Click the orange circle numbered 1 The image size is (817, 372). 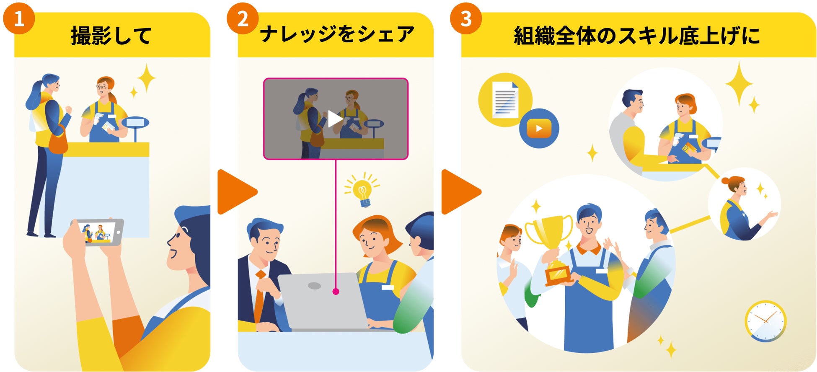(19, 18)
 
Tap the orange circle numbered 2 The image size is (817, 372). (243, 18)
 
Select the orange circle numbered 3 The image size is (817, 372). (466, 18)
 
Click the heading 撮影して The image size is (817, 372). (111, 36)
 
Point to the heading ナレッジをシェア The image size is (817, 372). (337, 34)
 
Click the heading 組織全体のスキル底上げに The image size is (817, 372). (637, 36)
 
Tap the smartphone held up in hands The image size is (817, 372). (100, 232)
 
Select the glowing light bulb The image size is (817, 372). (362, 191)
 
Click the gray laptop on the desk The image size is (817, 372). (323, 302)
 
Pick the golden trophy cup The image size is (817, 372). (549, 239)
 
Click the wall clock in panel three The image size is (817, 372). (765, 320)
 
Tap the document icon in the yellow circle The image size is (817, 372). (505, 100)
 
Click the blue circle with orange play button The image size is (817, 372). (539, 128)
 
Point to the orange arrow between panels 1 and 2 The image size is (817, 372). (236, 192)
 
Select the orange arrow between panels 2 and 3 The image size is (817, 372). (460, 192)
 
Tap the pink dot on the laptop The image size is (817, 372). (336, 292)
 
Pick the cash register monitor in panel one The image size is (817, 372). (135, 123)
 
